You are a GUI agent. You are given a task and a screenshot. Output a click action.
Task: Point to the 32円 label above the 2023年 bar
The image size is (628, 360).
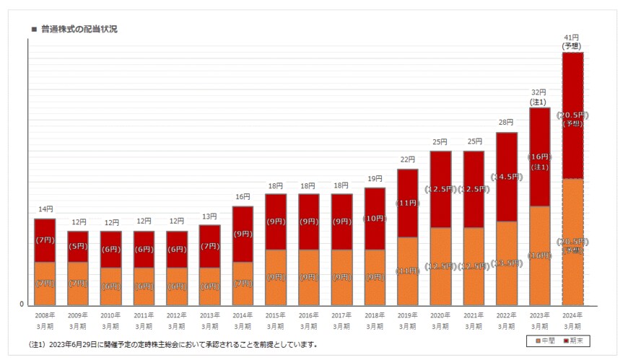point(539,92)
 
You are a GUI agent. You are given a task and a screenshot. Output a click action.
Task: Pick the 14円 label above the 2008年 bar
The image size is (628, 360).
point(45,209)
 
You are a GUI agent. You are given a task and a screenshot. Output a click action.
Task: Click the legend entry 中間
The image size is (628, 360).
point(544,341)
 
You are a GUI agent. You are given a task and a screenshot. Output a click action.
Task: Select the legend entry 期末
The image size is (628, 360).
point(573,341)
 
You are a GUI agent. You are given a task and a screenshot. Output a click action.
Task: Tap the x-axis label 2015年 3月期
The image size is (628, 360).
point(275,320)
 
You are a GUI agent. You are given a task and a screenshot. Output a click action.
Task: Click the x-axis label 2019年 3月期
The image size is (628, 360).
point(407,320)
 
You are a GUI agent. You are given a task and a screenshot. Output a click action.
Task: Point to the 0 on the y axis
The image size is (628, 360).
point(22,304)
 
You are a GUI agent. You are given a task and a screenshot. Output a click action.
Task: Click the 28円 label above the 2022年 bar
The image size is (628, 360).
point(505,123)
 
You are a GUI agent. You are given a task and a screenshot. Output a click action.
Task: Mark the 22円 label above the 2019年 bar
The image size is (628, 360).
point(407,159)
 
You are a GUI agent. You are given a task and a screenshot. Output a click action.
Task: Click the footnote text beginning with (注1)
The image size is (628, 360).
point(173,345)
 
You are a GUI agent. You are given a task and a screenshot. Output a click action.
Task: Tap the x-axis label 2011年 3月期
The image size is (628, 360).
point(144,320)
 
